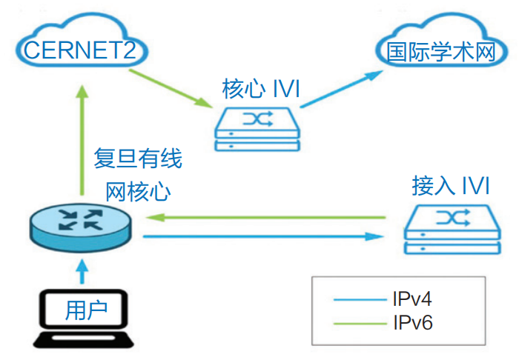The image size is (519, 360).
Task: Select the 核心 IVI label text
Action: (260, 90)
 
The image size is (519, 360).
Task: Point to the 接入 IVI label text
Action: (450, 185)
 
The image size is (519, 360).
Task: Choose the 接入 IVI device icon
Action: (450, 231)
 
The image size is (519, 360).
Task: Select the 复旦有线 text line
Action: (138, 159)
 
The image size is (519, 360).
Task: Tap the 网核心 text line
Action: (138, 191)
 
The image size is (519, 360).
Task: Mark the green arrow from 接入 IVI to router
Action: (267, 218)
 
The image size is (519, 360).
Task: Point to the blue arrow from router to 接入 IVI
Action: (267, 236)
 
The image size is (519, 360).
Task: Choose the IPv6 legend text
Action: (412, 323)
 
